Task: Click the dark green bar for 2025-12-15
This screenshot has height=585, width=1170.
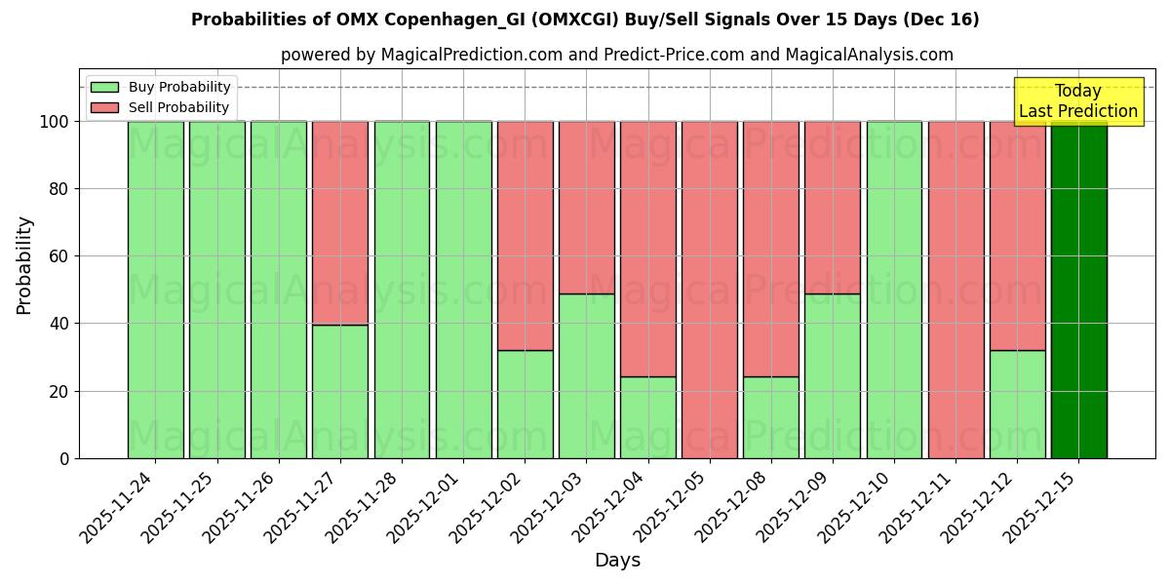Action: click(1078, 290)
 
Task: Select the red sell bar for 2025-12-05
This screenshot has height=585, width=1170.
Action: click(710, 290)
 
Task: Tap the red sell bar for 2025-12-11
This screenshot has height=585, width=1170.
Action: click(955, 290)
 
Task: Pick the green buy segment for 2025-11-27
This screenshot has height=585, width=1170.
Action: click(340, 391)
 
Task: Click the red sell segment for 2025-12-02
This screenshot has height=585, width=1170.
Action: click(526, 222)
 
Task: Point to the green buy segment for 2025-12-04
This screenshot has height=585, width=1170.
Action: click(648, 417)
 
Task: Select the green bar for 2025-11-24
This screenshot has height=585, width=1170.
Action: click(156, 290)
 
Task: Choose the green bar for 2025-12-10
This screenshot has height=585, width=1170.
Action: click(894, 290)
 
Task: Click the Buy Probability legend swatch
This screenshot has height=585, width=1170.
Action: click(104, 88)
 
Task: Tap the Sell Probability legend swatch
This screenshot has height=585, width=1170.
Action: click(104, 108)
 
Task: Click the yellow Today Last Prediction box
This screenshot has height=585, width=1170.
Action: click(1077, 101)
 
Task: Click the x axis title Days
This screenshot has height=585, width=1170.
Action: click(617, 561)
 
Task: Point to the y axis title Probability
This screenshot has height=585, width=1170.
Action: click(24, 265)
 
